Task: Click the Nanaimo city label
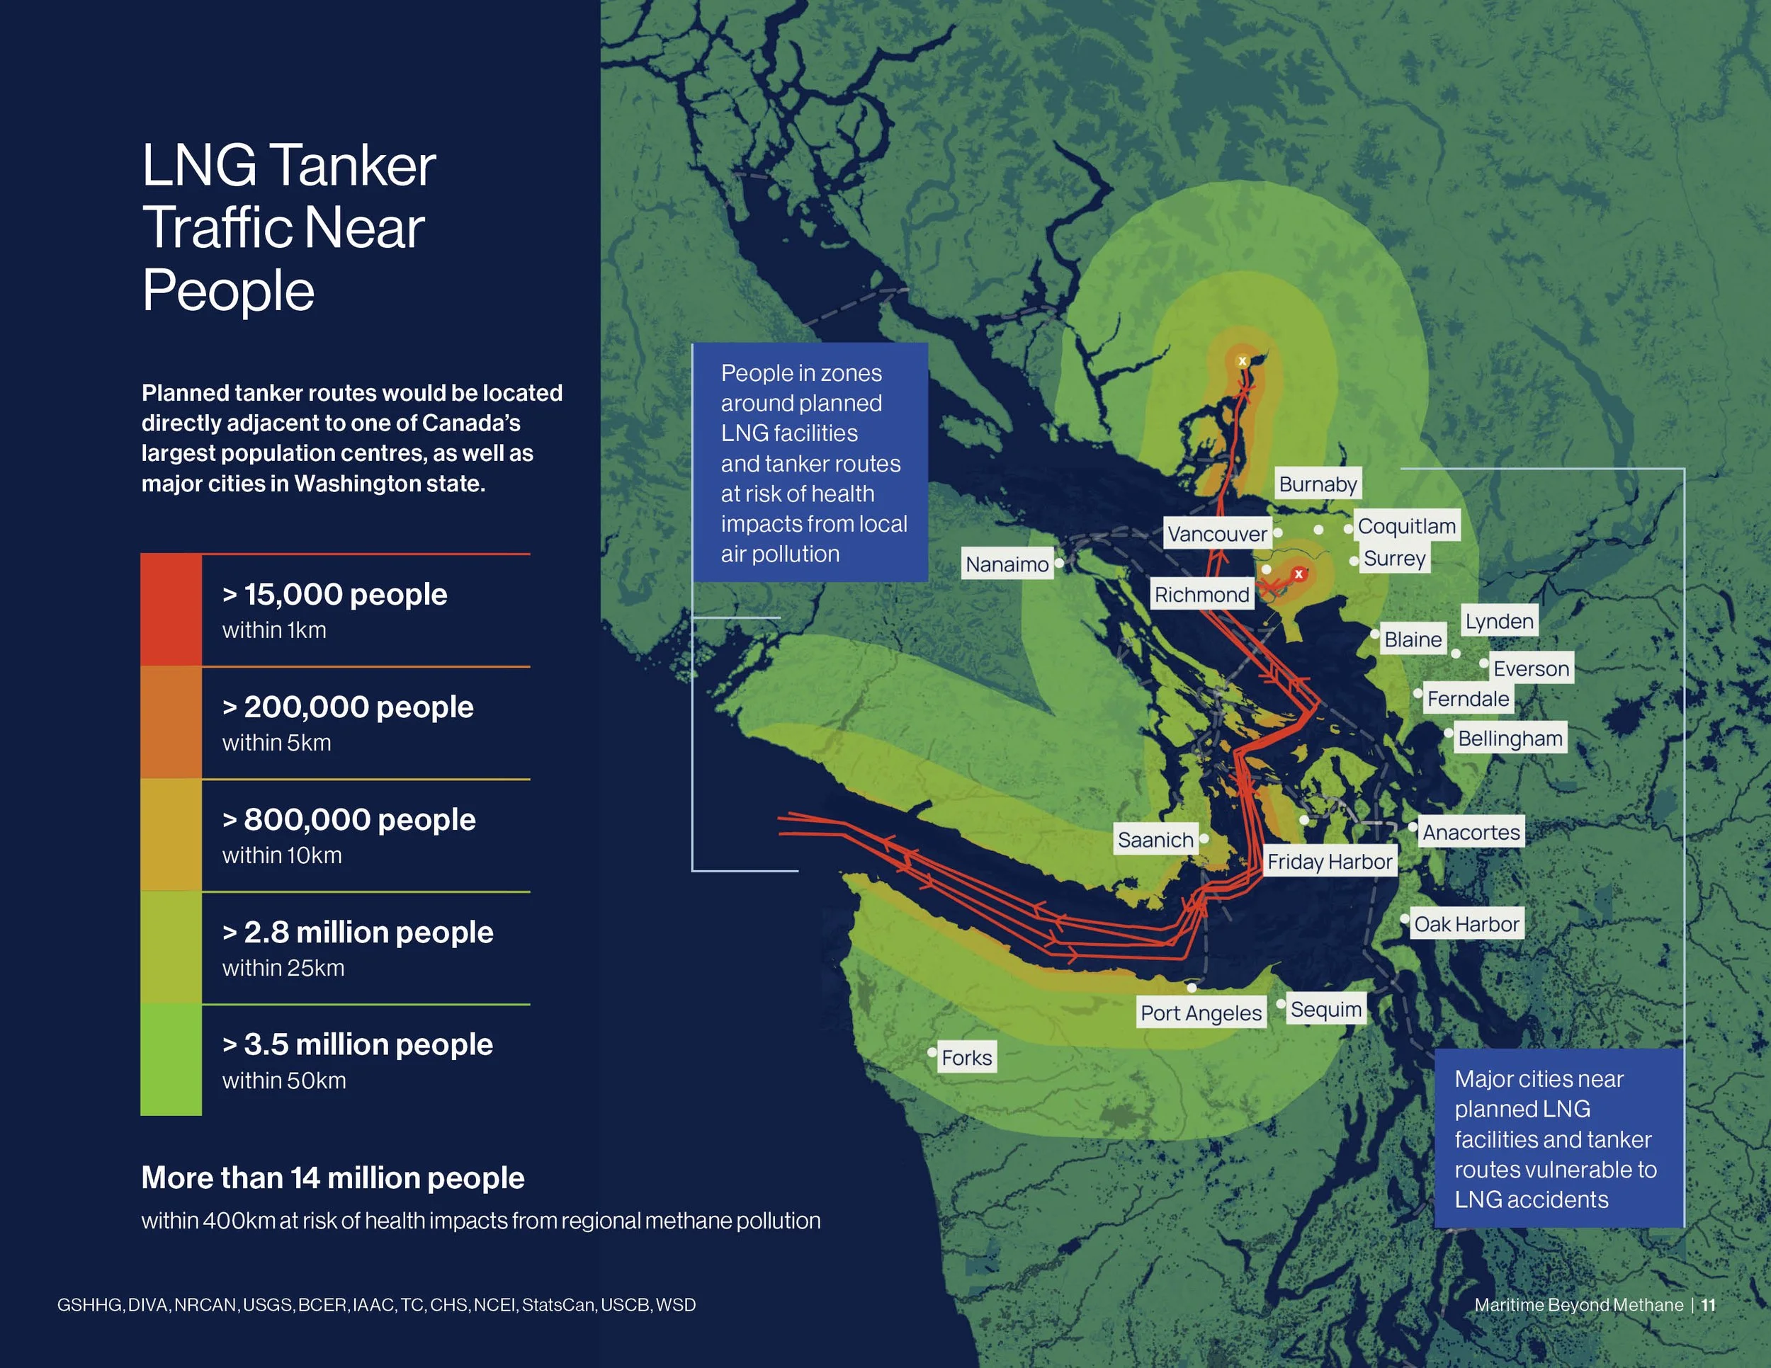pos(1007,564)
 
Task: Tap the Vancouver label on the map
pos(1216,534)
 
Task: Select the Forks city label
pos(966,1058)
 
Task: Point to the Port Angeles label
pos(1201,1013)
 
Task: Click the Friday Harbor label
pos(1329,862)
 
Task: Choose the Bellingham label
pos(1509,739)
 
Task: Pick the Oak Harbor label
pos(1466,924)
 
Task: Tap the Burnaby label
pos(1318,484)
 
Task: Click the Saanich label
pos(1155,840)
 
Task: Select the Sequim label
pos(1326,1010)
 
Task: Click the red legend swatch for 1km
pos(171,610)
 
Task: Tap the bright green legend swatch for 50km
pos(171,1060)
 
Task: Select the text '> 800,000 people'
pos(349,819)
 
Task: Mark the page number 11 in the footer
pos(1709,1305)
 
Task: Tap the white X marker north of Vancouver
pos(1243,361)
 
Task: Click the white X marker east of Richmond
pos(1298,574)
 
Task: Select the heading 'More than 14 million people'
pos(332,1178)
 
